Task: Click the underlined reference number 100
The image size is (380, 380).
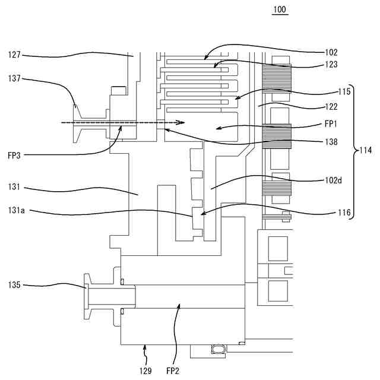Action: point(280,9)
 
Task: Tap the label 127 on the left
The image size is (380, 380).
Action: point(14,55)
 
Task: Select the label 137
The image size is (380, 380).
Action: point(14,78)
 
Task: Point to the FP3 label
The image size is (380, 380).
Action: point(14,156)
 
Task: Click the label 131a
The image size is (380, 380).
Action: point(16,210)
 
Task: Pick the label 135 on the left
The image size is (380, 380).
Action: point(14,285)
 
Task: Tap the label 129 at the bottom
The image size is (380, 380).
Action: point(145,370)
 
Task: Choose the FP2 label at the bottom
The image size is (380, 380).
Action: point(173,370)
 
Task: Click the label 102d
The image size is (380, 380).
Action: point(334,180)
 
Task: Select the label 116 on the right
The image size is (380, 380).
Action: point(344,213)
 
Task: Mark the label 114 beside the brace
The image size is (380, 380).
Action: point(366,150)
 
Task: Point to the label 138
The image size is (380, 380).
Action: point(331,142)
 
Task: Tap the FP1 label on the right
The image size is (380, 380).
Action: point(331,124)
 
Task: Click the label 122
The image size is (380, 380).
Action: point(331,107)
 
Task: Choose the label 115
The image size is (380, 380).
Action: point(344,91)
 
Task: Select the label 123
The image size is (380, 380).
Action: point(331,65)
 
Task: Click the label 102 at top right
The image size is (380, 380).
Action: point(331,53)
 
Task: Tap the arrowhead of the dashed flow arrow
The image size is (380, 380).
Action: point(181,122)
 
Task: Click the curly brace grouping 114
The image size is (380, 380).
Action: point(354,152)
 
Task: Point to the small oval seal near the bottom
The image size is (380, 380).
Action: point(219,349)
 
